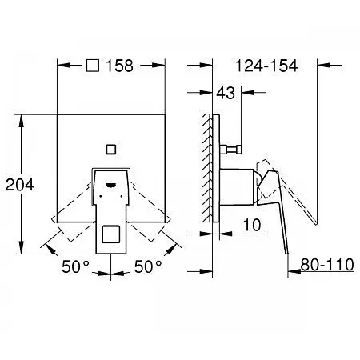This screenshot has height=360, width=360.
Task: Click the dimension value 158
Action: click(119, 66)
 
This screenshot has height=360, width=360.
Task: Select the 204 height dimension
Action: click(20, 185)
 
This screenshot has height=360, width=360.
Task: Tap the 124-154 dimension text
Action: click(266, 66)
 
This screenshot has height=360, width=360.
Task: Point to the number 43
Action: click(226, 93)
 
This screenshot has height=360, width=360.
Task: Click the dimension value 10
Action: click(252, 225)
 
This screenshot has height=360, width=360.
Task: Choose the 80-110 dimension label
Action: click(327, 265)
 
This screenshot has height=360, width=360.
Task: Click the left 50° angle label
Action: click(76, 266)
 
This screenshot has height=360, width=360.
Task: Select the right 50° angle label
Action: click(148, 266)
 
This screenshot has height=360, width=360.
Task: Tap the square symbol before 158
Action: click(93, 66)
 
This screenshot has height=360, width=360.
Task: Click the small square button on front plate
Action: click(111, 150)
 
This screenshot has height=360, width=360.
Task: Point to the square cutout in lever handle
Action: click(111, 234)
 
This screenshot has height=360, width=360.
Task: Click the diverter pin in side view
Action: click(230, 150)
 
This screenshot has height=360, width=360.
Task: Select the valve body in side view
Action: click(236, 187)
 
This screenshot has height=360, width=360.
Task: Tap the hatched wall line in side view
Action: click(207, 168)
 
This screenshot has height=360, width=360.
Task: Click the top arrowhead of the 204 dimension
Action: click(21, 121)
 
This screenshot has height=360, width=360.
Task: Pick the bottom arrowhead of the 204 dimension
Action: click(21, 247)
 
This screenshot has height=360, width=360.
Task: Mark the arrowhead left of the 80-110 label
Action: click(294, 271)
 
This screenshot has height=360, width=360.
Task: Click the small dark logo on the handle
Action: click(111, 185)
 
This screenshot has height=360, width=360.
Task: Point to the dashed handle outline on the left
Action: click(72, 210)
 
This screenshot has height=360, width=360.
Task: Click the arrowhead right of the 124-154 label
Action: click(324, 65)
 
